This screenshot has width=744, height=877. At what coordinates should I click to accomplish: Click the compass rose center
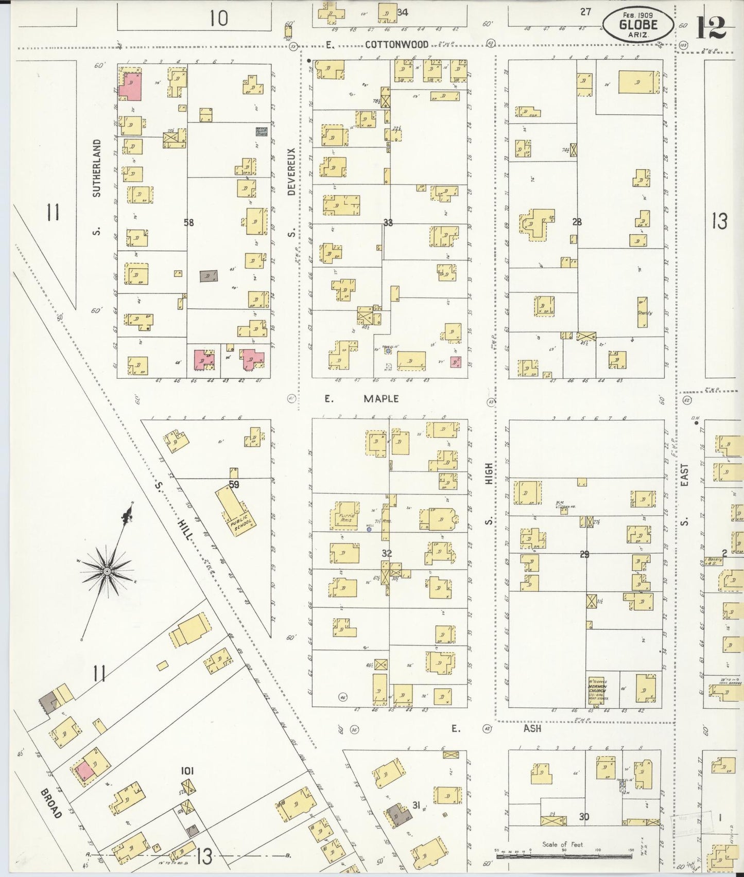pos(107,571)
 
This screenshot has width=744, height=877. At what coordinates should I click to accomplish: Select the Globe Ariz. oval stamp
pos(638,25)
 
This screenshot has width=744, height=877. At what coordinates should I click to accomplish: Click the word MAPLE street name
pos(381,399)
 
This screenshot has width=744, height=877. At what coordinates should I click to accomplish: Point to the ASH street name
pos(532,728)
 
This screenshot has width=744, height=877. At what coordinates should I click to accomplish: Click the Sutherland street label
pos(97,168)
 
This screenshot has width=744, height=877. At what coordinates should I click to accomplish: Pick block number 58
pos(189,222)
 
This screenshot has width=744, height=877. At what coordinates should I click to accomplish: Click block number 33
pos(388,222)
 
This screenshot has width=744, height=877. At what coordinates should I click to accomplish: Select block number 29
pos(584,554)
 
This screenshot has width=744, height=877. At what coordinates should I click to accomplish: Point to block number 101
pos(187,770)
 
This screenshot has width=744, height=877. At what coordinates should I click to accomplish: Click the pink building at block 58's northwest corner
pos(130,86)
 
